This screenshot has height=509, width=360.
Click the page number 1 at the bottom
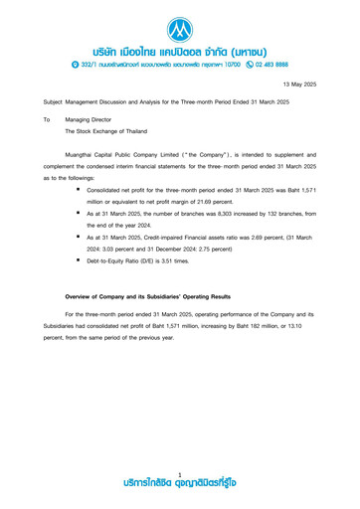click(180, 474)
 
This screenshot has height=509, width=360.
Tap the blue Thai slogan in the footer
click(180, 484)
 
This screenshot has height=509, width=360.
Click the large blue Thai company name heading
click(180, 47)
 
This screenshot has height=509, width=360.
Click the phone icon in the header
click(222, 64)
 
